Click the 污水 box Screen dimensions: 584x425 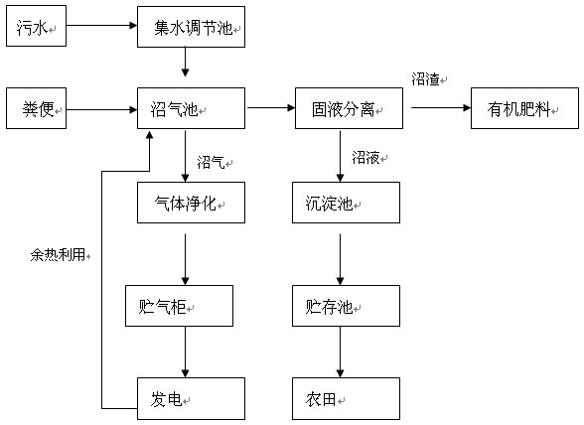(36, 26)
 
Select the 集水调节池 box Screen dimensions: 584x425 (191, 27)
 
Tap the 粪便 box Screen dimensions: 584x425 (36, 108)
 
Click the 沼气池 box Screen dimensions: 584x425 (191, 108)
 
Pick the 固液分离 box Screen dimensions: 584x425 (349, 108)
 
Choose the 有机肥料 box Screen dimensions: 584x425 (524, 108)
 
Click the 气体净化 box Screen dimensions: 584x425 (191, 203)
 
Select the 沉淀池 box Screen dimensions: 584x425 (346, 203)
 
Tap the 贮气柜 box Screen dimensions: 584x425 (179, 306)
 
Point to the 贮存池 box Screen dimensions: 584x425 (346, 306)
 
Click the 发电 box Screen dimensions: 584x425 (191, 398)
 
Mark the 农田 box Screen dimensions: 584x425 (346, 398)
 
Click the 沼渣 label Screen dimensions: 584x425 (425, 79)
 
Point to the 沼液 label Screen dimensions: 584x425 (365, 158)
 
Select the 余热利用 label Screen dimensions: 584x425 (58, 255)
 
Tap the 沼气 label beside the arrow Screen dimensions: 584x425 (211, 163)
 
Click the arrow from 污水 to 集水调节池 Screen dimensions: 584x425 (101, 26)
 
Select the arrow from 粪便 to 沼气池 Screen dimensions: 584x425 (101, 109)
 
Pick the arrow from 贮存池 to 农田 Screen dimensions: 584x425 (340, 352)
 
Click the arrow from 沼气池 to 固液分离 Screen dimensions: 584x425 (271, 108)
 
